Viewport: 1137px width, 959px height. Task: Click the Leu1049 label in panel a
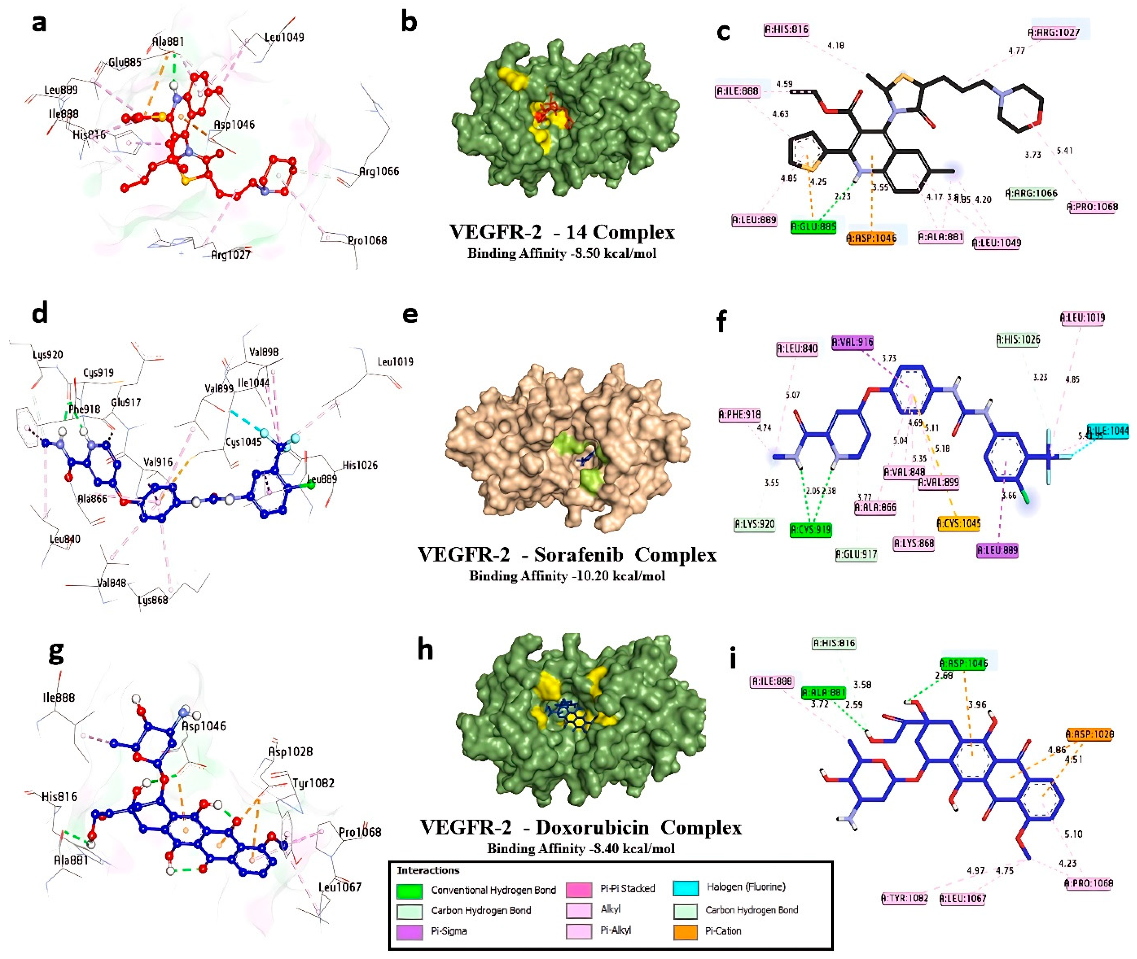(x=284, y=37)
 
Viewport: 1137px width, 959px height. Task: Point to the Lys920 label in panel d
(x=48, y=355)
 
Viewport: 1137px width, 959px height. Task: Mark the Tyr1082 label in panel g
(x=313, y=783)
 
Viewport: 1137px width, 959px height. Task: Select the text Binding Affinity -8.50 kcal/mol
(x=562, y=253)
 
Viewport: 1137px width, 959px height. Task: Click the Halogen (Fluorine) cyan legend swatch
(x=686, y=888)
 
